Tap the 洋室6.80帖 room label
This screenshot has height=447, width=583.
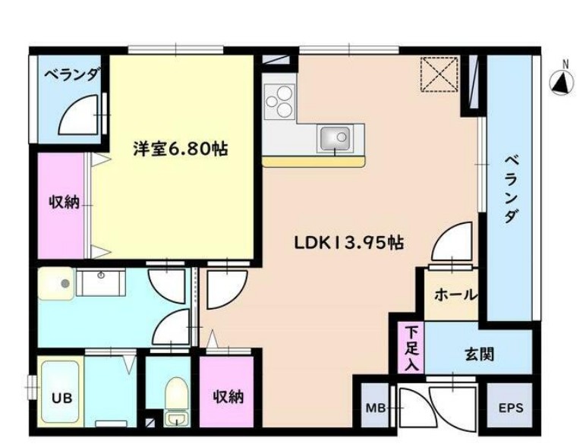pyautogui.click(x=181, y=149)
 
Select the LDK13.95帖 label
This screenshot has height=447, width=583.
pyautogui.click(x=348, y=244)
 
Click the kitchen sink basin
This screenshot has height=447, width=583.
pyautogui.click(x=334, y=139)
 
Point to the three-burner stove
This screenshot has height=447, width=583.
pyautogui.click(x=279, y=101)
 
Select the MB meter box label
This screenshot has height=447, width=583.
pyautogui.click(x=376, y=408)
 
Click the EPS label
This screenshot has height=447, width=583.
pyautogui.click(x=510, y=408)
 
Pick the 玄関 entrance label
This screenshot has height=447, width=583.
pyautogui.click(x=480, y=354)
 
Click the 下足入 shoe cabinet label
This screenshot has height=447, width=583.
pyautogui.click(x=411, y=348)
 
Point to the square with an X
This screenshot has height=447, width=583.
pyautogui.click(x=438, y=74)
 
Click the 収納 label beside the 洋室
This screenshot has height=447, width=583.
pyautogui.click(x=64, y=203)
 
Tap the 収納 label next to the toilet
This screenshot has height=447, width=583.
pyautogui.click(x=228, y=396)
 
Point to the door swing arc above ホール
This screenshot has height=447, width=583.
pyautogui.click(x=452, y=243)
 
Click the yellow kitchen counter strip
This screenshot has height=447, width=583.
pyautogui.click(x=314, y=162)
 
